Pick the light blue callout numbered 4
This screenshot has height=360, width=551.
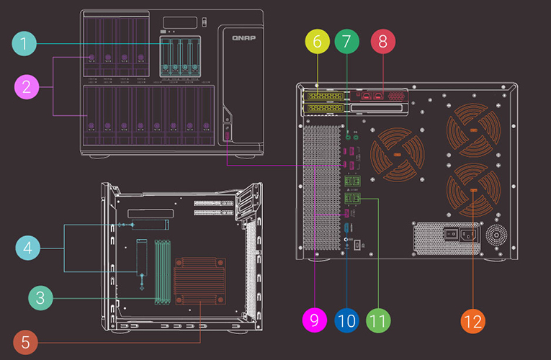point(27,248)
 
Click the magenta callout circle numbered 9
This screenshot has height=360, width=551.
point(315,320)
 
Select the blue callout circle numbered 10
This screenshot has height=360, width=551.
point(346,320)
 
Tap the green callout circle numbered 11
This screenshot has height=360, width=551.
point(377,320)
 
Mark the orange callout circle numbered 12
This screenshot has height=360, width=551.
point(473,320)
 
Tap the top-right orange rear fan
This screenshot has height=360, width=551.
point(473,130)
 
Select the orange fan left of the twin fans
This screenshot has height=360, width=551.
point(396,155)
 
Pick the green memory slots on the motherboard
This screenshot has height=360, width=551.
point(163,271)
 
